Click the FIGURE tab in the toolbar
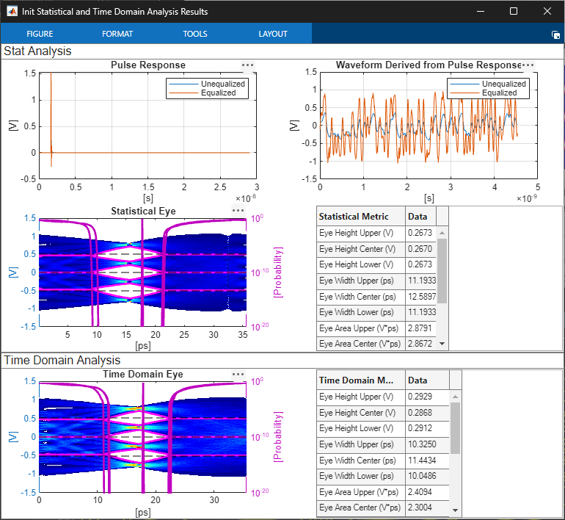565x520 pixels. [40, 34]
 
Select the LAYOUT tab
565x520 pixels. [273, 34]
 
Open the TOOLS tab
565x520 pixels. [195, 34]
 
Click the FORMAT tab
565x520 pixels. [117, 34]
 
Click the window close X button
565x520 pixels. [547, 11]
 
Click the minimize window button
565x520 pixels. [481, 12]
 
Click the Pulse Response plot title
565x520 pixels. [148, 65]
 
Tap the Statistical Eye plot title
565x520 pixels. [143, 211]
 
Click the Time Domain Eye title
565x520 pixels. [143, 374]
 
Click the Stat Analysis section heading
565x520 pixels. [37, 51]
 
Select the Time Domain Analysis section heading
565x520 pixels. [62, 360]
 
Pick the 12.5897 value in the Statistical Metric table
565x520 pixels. [422, 297]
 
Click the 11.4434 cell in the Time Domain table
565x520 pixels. [422, 460]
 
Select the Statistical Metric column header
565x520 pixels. [354, 217]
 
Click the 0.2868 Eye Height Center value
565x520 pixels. [420, 413]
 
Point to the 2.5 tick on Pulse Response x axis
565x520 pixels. [220, 187]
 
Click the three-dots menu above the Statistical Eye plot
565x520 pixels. [238, 211]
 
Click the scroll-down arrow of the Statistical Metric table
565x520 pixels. [442, 344]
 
